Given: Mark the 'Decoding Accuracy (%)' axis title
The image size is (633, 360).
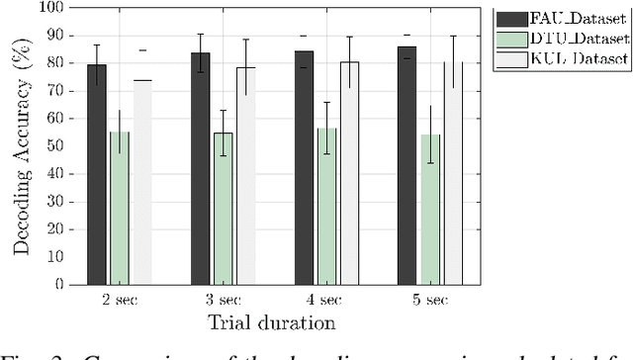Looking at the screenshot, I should pyautogui.click(x=21, y=145).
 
